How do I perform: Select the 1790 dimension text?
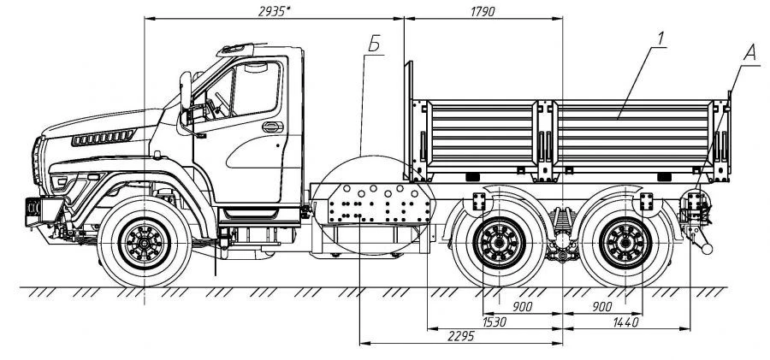tap(481, 10)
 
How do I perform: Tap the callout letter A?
tap(749, 51)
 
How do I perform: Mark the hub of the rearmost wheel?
tap(622, 245)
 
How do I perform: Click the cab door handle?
tap(272, 127)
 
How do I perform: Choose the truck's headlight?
tap(62, 182)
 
